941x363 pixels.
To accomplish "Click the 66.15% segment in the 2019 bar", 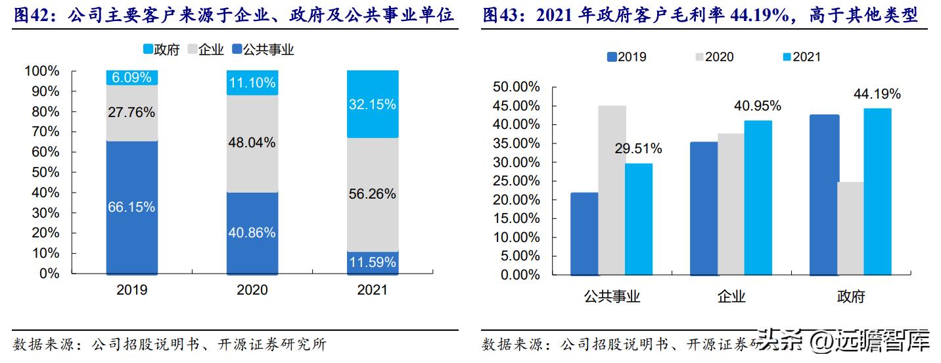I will tap(132, 207).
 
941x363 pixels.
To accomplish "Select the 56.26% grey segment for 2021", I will tap(372, 194).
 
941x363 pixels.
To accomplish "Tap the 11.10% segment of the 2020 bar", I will tap(252, 84).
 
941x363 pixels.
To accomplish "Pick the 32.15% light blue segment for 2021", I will tap(372, 104).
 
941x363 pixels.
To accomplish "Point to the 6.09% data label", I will tap(132, 78).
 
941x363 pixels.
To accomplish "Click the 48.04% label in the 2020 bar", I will tap(252, 142).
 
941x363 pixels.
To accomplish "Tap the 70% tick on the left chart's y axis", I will tap(45, 132).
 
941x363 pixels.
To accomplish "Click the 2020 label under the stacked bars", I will tap(252, 290).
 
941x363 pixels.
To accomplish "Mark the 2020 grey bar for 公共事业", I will tap(612, 190).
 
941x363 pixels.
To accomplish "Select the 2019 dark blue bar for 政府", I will tap(824, 195).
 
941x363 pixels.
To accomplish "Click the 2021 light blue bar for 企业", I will tap(758, 197).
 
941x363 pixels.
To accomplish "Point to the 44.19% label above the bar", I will tap(877, 94).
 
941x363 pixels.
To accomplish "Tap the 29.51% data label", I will tap(639, 149).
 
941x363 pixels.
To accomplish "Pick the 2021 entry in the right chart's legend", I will tap(800, 57).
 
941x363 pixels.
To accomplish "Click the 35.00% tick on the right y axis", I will tap(516, 143).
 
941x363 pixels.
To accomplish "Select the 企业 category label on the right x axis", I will tap(731, 297).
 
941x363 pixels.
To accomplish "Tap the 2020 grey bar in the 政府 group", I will tap(850, 228).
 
